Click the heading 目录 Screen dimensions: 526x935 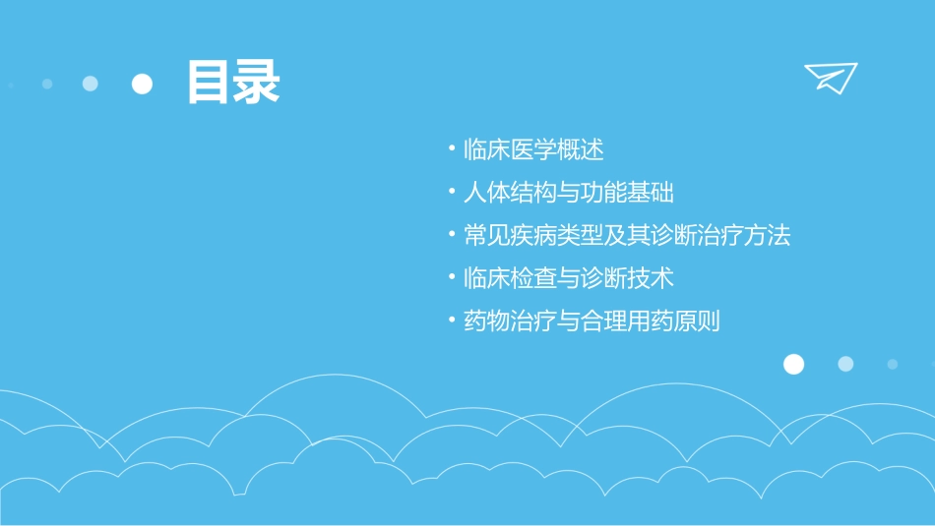[233, 83]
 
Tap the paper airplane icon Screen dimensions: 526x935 [831, 77]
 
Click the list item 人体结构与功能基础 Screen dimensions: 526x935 [568, 193]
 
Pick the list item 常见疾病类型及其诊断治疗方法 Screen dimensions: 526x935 [626, 236]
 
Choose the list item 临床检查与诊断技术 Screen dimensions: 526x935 [568, 278]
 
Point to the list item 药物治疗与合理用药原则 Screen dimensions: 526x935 [591, 321]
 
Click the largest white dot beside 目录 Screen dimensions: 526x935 [143, 84]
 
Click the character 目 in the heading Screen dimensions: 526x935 [210, 83]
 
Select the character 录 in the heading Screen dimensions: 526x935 [258, 83]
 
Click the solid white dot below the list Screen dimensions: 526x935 [793, 364]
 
